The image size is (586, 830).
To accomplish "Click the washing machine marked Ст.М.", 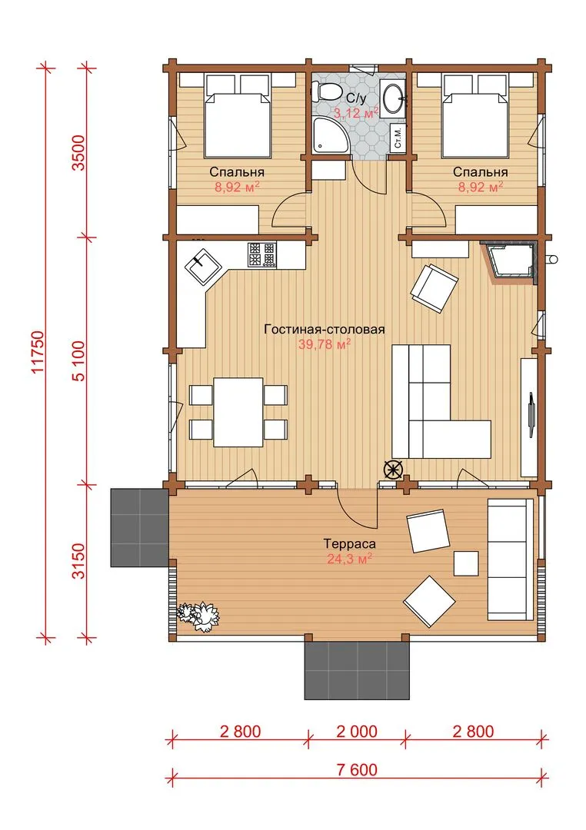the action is pyautogui.click(x=398, y=138).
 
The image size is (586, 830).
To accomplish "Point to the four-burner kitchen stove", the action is pyautogui.click(x=261, y=254).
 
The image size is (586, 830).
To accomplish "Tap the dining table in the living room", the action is pyautogui.click(x=238, y=412).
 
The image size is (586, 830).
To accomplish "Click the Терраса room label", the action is pyautogui.click(x=350, y=543).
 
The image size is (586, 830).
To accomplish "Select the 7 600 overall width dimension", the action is pyautogui.click(x=357, y=769).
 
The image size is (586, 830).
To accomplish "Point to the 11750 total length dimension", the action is pyautogui.click(x=38, y=351).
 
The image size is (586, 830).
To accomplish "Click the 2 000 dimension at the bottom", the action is pyautogui.click(x=357, y=732).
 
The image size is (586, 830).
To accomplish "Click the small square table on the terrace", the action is pyautogui.click(x=466, y=563).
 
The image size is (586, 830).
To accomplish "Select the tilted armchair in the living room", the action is pyautogui.click(x=434, y=288).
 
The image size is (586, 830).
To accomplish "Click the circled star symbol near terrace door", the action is pyautogui.click(x=393, y=470).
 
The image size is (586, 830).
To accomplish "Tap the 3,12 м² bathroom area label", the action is pyautogui.click(x=356, y=112).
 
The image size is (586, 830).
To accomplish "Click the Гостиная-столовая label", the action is pyautogui.click(x=325, y=329).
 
